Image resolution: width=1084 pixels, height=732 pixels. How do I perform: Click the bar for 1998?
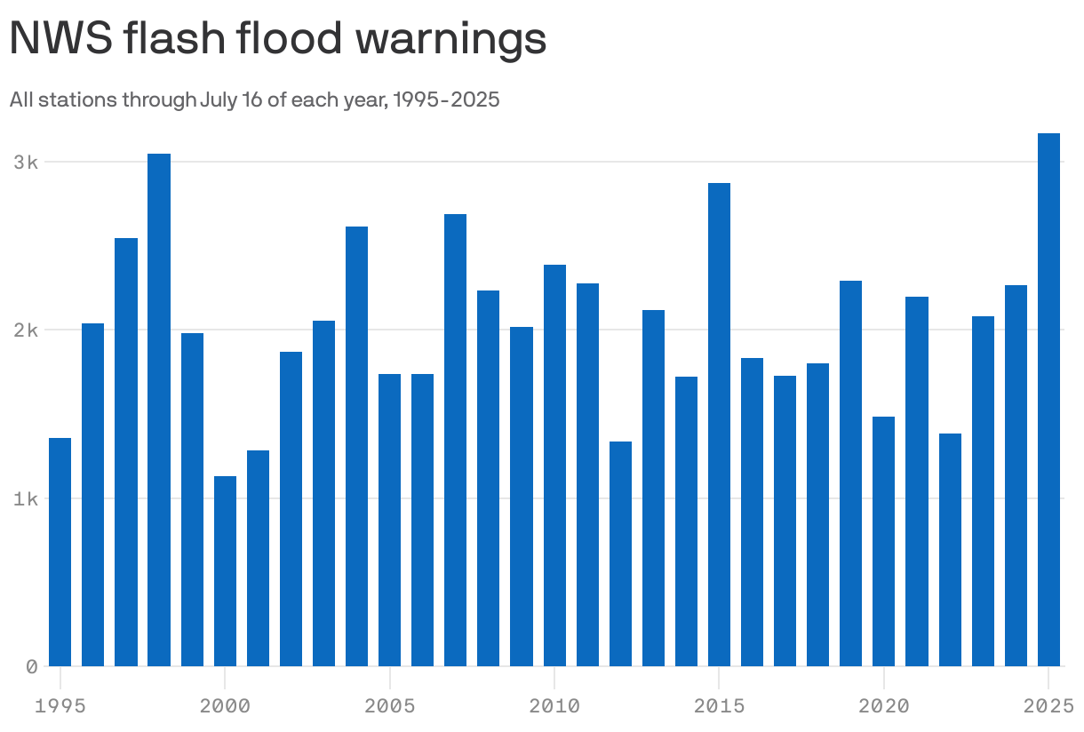159,410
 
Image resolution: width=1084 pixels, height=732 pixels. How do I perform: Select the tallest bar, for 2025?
1049,400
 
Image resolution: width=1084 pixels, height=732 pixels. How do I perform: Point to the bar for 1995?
60,552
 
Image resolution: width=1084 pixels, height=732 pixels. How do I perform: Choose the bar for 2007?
456,440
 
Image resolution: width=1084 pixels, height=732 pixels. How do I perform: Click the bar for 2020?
884,541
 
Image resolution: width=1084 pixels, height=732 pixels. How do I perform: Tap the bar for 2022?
950,550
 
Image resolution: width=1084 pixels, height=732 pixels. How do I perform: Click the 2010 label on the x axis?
554,706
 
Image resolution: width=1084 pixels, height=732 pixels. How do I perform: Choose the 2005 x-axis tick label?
389,706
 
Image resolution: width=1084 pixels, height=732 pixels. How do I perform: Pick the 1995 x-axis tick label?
60,706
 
